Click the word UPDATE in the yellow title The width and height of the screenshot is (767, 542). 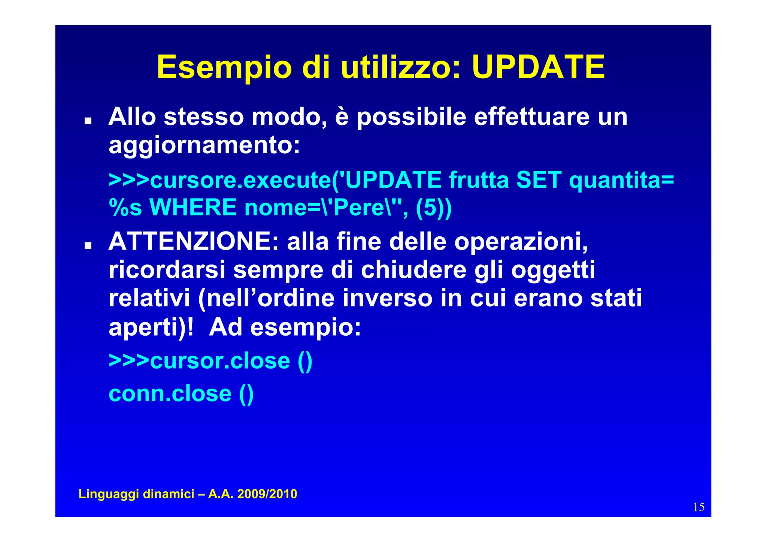tap(538, 67)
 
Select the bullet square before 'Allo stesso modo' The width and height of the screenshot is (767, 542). tap(88, 121)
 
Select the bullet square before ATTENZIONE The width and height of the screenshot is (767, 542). tap(88, 246)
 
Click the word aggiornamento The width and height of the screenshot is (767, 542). tap(204, 145)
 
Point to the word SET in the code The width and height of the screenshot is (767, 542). tap(539, 180)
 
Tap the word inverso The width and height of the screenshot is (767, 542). tap(387, 298)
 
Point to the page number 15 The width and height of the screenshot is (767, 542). tap(698, 507)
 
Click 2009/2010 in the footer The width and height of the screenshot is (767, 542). tap(267, 494)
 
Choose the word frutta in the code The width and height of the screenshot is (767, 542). tap(479, 180)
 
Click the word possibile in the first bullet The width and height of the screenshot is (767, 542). tap(411, 117)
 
